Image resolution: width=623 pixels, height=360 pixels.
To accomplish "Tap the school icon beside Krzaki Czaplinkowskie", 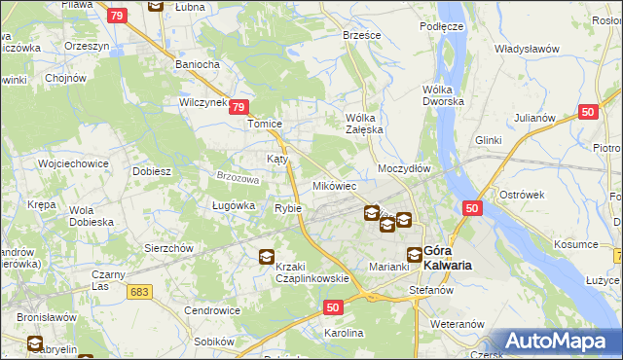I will [266, 257].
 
